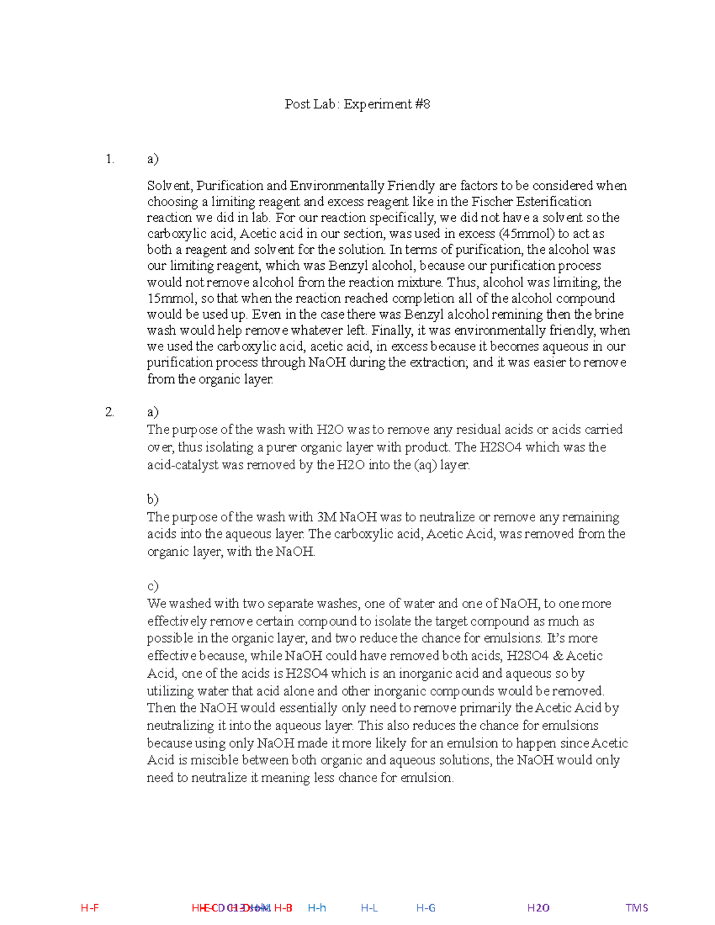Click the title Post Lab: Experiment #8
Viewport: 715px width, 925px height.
(357, 104)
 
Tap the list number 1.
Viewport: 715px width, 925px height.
(109, 159)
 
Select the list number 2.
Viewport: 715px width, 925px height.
(109, 412)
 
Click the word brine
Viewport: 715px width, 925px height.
(609, 314)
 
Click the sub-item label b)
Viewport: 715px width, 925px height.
(153, 499)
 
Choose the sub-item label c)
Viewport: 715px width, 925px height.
(153, 585)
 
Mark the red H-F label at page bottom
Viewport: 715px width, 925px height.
(89, 908)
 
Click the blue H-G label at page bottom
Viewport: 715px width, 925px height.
(426, 908)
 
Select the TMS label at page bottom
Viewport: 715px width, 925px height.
(636, 908)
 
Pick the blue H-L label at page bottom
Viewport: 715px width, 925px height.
(369, 908)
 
